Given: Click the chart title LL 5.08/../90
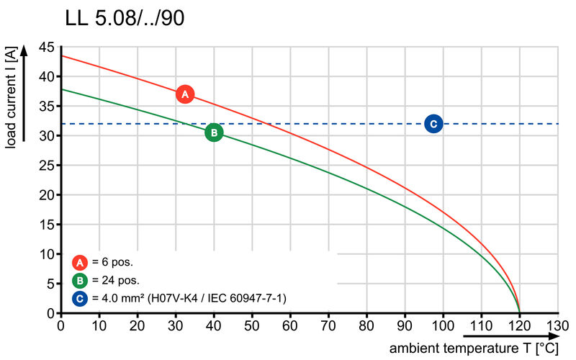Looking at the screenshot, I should coord(124,17).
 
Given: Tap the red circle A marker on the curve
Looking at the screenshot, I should coord(185,94).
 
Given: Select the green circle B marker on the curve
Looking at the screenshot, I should coord(214,132).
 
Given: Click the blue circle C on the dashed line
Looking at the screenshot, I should coord(433,124).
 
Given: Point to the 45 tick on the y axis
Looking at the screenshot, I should coord(46,47).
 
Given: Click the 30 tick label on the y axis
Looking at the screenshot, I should coord(46,135).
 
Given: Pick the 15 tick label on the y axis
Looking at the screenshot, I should coord(46,225).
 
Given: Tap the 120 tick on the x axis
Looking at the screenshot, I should coord(519,326).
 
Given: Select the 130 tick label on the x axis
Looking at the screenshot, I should coord(557,326).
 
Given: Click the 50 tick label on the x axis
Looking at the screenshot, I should coord(252,326).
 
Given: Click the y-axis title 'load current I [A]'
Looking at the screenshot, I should coord(11,97).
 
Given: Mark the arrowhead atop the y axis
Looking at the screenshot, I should coord(24,50).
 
